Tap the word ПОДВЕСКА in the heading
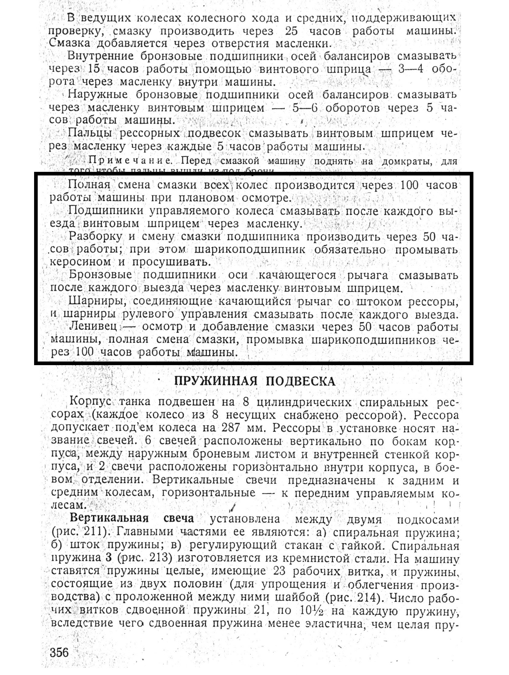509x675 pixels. [x=301, y=381]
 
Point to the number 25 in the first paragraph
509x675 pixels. [x=292, y=31]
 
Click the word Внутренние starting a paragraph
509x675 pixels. [x=101, y=56]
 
